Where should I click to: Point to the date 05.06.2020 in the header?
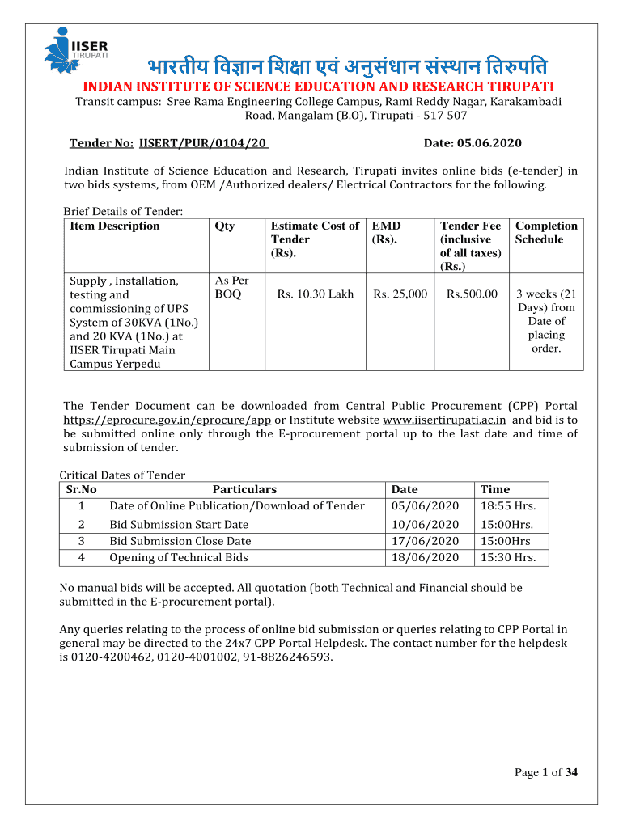(489, 143)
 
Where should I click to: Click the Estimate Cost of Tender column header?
(315, 239)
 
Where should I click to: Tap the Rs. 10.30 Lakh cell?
(315, 294)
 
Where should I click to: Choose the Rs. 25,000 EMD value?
(400, 294)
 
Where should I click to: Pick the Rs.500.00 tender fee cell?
(472, 294)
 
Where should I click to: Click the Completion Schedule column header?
(546, 233)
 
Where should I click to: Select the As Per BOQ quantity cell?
(231, 288)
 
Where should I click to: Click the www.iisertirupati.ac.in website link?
(444, 420)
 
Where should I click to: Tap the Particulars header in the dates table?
(244, 489)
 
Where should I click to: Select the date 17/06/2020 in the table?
(425, 541)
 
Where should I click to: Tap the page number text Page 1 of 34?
(546, 773)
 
